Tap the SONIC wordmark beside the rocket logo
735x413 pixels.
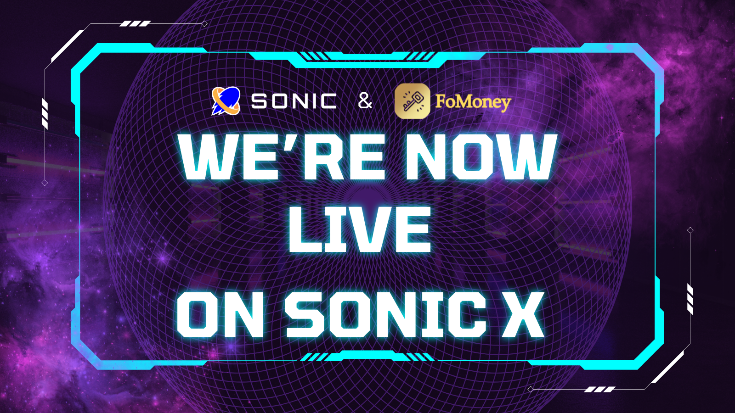click(294, 101)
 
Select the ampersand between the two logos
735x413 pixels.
click(365, 101)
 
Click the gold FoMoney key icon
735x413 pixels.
click(413, 101)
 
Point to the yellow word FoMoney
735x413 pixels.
click(473, 103)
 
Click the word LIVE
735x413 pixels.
click(360, 229)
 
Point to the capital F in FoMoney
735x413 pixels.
click(441, 101)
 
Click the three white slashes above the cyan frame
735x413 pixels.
click(135, 23)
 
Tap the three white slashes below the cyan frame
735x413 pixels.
click(599, 390)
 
